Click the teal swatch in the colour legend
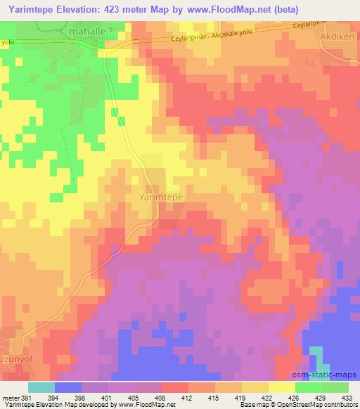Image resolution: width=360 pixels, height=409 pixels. [41, 387]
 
